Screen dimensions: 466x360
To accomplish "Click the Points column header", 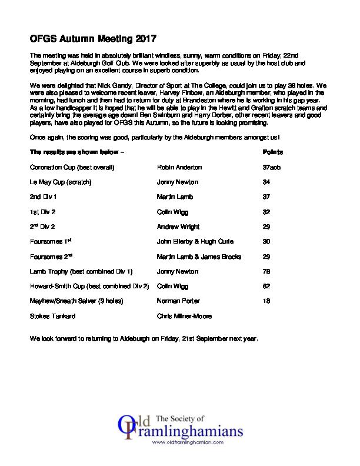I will [271, 152].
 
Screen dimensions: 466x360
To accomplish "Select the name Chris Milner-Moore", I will [185, 316].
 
